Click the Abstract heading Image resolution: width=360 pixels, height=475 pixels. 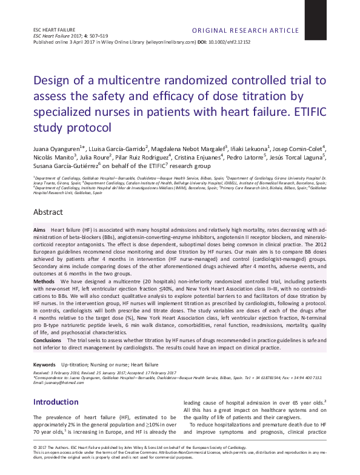48,212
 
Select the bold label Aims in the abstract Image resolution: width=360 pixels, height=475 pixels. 39,232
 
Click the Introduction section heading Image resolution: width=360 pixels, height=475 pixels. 56,402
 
